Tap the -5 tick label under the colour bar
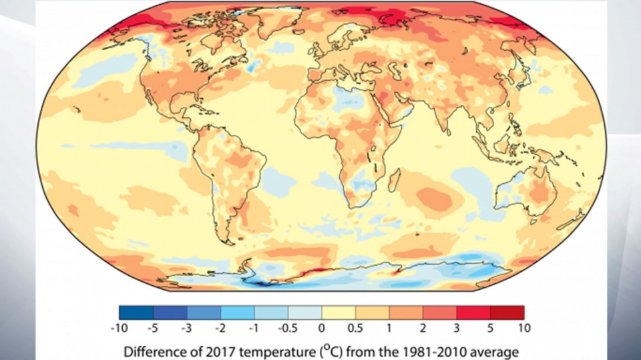[x=154, y=328]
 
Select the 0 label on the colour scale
[x=321, y=328]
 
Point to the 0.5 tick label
[x=355, y=328]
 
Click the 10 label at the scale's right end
[x=523, y=328]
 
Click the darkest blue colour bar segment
[x=136, y=312]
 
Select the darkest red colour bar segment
[x=507, y=312]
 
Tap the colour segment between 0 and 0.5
[x=339, y=312]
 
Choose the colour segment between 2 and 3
[x=439, y=312]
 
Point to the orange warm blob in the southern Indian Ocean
[x=435, y=196]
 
